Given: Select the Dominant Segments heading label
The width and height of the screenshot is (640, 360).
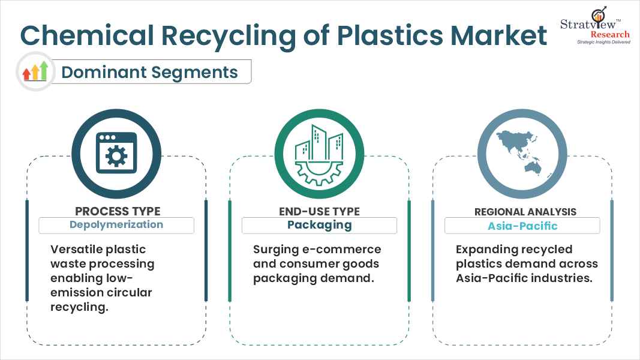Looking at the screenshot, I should tap(150, 72).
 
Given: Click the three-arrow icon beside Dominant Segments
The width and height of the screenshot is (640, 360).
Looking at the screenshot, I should tap(35, 72).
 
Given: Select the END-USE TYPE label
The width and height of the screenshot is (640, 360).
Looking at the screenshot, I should tap(319, 211).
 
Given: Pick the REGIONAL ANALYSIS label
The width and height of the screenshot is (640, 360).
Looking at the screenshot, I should tap(522, 211).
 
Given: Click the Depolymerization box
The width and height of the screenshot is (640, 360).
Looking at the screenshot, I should tap(116, 225).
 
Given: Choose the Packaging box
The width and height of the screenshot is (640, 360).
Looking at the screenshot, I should tap(319, 225).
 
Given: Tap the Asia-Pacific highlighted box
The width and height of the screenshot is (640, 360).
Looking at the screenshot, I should tap(522, 226).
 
